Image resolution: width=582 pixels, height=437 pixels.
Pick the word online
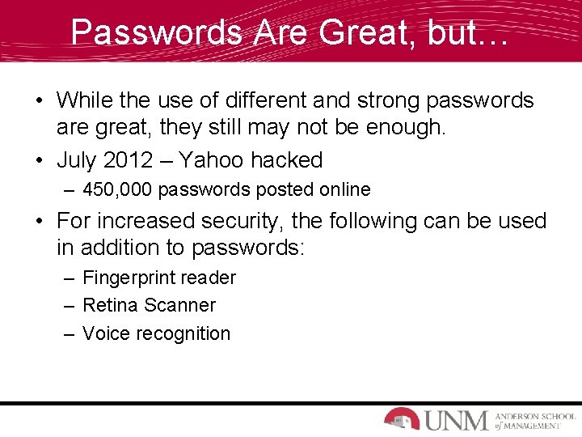(x=342, y=190)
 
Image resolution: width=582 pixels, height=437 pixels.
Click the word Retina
(x=110, y=306)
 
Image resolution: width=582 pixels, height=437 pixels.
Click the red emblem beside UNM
(x=402, y=418)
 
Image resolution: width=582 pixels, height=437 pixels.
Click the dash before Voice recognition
(x=70, y=333)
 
